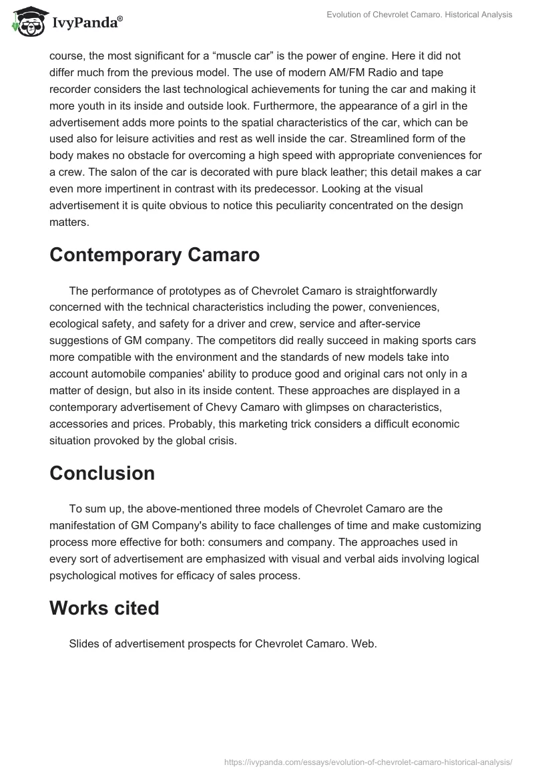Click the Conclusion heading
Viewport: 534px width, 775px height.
(102, 472)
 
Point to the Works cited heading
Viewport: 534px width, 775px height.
(104, 608)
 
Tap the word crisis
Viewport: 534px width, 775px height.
(224, 442)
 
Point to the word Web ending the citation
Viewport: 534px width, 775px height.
(366, 644)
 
